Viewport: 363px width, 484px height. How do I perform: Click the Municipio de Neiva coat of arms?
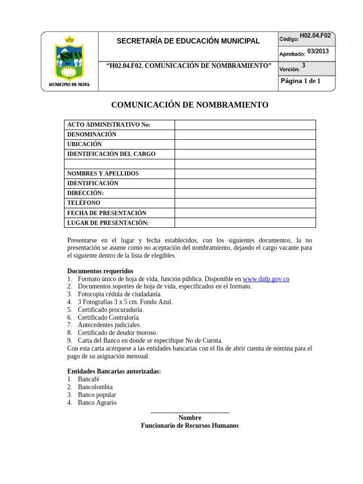point(69,59)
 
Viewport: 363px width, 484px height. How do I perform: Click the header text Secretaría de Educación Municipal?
point(188,41)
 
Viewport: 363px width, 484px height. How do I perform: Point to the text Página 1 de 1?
point(301,81)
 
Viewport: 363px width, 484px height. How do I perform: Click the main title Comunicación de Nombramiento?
point(190,105)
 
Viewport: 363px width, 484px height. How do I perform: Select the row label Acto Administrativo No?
point(109,125)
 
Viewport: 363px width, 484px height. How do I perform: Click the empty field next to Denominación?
point(245,135)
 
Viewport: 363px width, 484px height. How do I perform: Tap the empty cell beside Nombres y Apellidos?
point(245,174)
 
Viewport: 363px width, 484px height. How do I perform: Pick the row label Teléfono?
point(84,203)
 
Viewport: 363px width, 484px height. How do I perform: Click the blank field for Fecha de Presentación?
point(245,213)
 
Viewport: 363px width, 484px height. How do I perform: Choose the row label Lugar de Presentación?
point(108,223)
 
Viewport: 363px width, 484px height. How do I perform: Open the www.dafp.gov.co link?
point(266,279)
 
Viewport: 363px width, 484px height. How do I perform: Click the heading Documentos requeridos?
point(100,271)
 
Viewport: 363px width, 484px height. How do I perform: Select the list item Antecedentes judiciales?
point(109,325)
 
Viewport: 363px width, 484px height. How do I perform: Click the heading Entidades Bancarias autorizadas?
point(114,372)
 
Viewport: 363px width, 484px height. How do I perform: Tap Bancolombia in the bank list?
point(95,387)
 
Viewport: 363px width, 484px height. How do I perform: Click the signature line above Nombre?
point(190,413)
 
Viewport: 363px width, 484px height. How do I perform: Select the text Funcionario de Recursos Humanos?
point(190,426)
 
